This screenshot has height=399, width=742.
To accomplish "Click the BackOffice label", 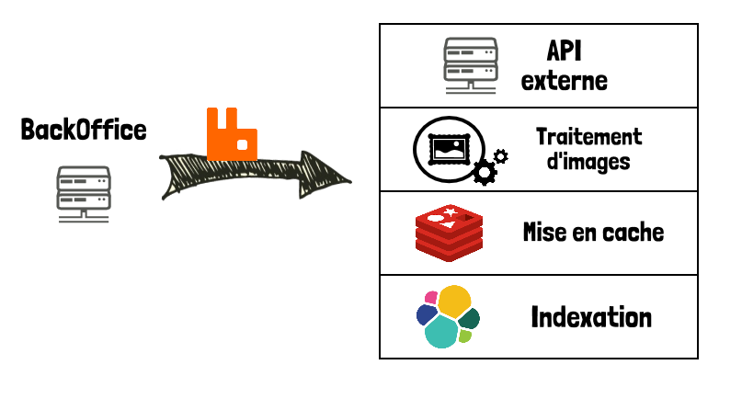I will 84,130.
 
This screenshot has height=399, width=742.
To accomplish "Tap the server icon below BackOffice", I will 84,192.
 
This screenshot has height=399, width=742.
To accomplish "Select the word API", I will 565,50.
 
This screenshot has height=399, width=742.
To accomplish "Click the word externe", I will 564,80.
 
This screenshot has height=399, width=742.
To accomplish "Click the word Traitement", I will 588,137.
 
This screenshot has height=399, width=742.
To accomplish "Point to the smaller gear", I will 501,155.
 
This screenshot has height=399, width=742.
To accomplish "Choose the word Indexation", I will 591,317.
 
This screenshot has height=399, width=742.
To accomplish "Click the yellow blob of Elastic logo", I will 454,301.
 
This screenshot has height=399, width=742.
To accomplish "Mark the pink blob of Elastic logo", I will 430,297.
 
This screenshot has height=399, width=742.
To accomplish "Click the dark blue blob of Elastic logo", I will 426,315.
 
